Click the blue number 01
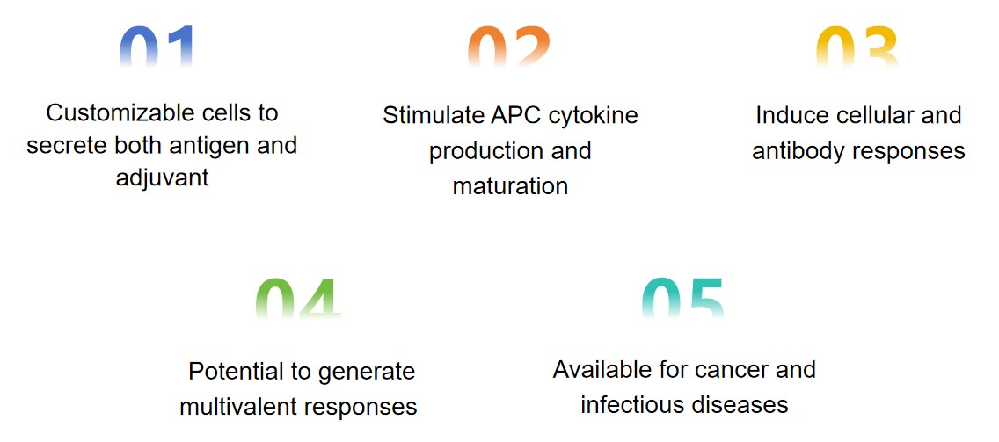tap(157, 47)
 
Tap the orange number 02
tap(508, 47)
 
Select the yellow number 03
tap(857, 47)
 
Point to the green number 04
tap(298, 298)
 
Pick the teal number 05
tap(683, 298)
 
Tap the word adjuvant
tap(163, 178)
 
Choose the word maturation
tap(510, 186)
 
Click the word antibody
tap(797, 151)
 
